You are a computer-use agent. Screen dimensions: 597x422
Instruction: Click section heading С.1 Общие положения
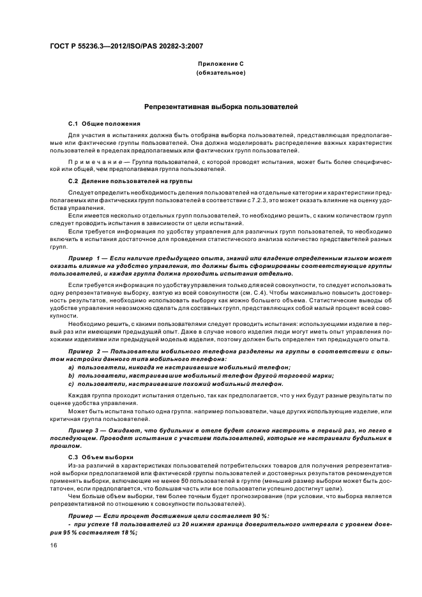tap(104, 122)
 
